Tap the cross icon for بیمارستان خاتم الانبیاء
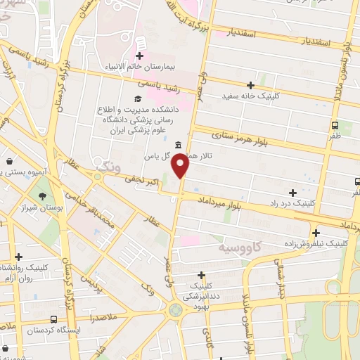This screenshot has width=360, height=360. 139,56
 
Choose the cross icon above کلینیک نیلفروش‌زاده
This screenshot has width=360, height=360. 316,233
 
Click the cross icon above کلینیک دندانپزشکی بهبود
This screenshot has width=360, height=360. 201,275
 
